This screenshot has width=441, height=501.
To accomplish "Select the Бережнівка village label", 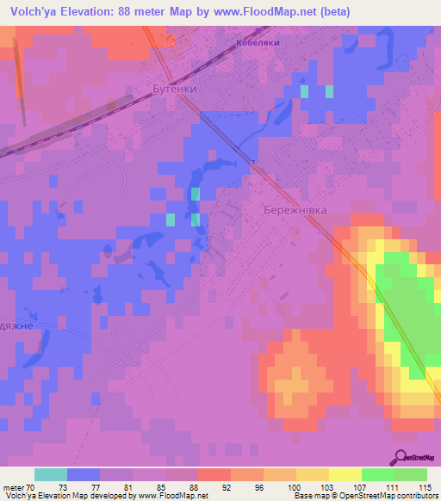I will tap(293, 209).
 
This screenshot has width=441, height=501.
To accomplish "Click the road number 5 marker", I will tap(254, 162).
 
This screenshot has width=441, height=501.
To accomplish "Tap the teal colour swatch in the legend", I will tap(51, 474).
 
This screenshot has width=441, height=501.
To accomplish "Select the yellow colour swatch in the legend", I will tap(345, 474).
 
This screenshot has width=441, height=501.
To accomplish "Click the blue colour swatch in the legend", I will tap(84, 474).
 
